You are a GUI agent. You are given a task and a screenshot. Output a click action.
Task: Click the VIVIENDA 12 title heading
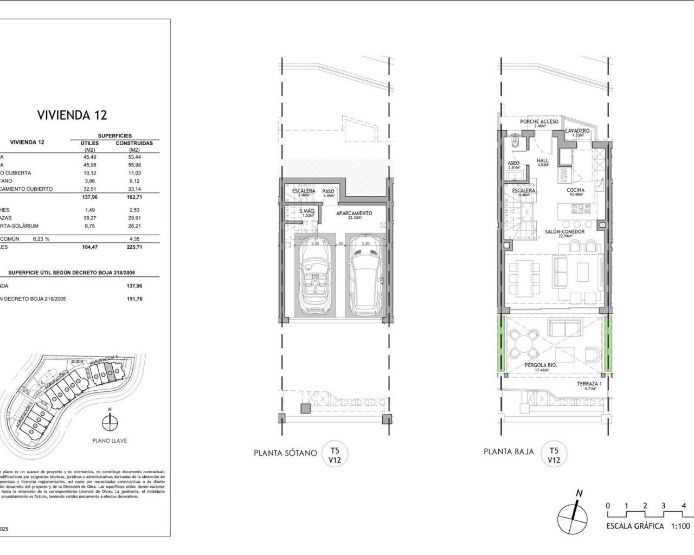click(72, 115)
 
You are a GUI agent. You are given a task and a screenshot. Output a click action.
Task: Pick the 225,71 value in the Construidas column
click(134, 247)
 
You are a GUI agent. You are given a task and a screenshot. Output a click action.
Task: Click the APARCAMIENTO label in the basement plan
click(354, 214)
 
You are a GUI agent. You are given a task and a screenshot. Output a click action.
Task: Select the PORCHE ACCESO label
click(539, 122)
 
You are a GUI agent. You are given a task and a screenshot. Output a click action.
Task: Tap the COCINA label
click(575, 190)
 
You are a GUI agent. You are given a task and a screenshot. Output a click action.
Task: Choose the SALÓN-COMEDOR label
click(564, 231)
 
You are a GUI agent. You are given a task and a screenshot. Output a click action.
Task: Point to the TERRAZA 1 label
click(589, 384)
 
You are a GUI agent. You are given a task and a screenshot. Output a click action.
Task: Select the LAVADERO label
click(577, 131)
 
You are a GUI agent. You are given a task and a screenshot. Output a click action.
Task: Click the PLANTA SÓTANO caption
click(285, 453)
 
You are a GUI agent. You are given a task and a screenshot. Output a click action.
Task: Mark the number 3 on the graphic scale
click(663, 506)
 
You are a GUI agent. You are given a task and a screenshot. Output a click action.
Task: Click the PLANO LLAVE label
click(109, 441)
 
